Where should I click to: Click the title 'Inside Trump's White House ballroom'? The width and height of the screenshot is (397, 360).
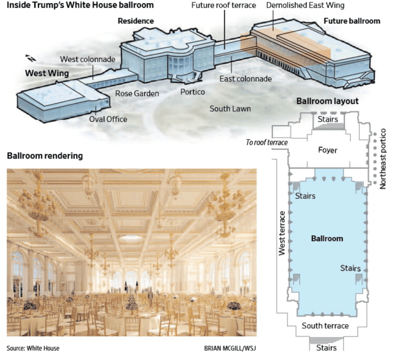click(x=80, y=5)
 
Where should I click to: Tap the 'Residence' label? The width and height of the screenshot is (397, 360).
click(x=136, y=21)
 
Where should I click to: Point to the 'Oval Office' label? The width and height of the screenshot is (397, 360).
click(x=109, y=119)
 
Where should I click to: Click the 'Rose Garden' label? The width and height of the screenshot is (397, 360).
click(x=137, y=93)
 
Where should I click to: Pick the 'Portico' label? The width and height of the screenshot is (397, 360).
click(x=193, y=92)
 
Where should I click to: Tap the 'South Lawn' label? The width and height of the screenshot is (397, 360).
click(x=230, y=109)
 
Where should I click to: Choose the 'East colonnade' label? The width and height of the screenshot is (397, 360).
click(x=245, y=79)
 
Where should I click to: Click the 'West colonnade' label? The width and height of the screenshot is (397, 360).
click(x=88, y=59)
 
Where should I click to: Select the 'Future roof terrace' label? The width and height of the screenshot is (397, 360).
click(x=224, y=5)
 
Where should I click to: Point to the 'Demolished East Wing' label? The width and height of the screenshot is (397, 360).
click(x=305, y=5)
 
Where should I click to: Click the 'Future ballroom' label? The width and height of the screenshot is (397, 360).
click(x=352, y=21)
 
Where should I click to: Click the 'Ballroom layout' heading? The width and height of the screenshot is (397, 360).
click(x=328, y=102)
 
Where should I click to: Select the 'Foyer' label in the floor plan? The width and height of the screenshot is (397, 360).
click(x=328, y=150)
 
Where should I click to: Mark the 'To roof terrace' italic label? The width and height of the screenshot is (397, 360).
click(x=267, y=143)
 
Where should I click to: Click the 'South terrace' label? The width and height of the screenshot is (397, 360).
click(x=325, y=326)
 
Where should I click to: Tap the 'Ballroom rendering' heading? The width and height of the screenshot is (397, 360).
click(x=45, y=156)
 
